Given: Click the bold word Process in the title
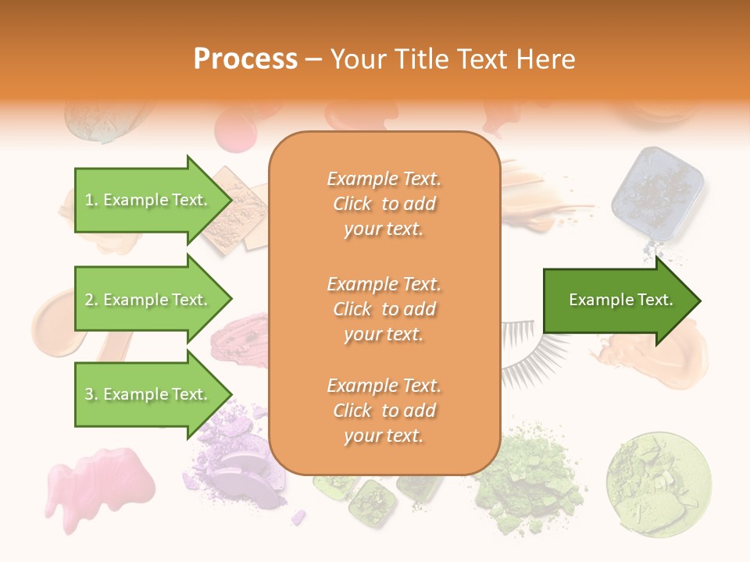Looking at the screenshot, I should (245, 59).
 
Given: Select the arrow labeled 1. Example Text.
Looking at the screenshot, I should (148, 200).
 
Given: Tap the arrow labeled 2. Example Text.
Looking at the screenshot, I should (148, 300).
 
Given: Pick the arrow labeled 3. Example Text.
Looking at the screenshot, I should (148, 394).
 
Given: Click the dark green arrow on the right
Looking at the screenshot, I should (617, 301).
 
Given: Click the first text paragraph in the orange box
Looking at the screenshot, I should (384, 204).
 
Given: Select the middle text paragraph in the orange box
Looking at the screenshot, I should (384, 308).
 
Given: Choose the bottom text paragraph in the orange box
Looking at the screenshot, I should (384, 411).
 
